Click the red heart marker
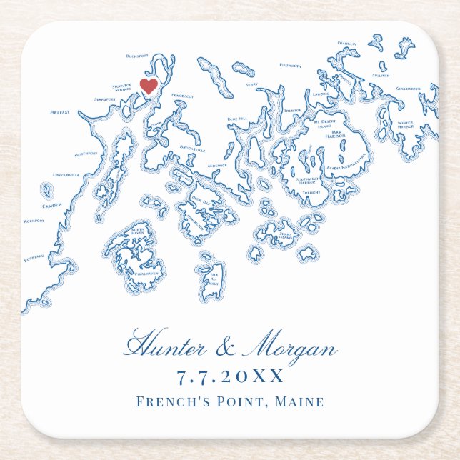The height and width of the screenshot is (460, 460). point(149,86)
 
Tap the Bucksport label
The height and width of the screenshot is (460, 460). point(135,56)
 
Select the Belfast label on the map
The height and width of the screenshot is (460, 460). point(59,112)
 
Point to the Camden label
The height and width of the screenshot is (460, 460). point(52,205)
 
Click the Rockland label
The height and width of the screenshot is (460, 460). point(34,256)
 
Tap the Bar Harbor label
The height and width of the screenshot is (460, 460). point(335,134)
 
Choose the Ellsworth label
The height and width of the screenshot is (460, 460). point(291,66)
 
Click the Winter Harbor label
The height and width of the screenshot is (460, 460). point(405,124)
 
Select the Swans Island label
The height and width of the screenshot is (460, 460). point(286,234)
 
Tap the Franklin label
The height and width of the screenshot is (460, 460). point(347,44)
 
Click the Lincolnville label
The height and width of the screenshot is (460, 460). point(65,175)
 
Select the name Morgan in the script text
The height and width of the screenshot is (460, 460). point(289,349)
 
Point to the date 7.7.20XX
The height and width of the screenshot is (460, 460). point(229,377)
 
